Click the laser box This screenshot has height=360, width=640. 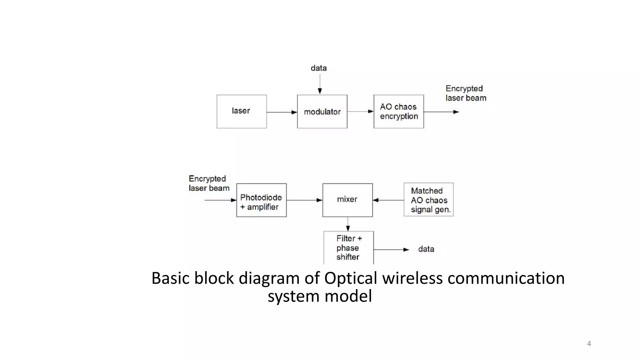point(242,112)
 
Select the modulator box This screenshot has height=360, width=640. point(322,112)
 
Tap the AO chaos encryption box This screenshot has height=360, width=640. point(399,112)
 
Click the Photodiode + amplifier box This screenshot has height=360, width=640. point(261,200)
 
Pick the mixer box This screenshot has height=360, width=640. point(347,200)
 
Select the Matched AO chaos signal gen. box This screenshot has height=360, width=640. point(428,200)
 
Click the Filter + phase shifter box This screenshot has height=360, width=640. point(349,248)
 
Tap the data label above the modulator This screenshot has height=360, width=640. point(318,68)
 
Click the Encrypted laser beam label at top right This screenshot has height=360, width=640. point(466,93)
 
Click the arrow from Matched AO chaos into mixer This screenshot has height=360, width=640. point(388,200)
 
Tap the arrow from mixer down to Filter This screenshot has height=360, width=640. point(348,224)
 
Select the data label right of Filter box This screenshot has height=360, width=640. point(426,249)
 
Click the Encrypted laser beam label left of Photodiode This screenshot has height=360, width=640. point(209,183)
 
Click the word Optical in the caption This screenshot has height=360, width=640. point(350,278)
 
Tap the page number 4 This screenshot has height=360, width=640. point(589,344)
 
